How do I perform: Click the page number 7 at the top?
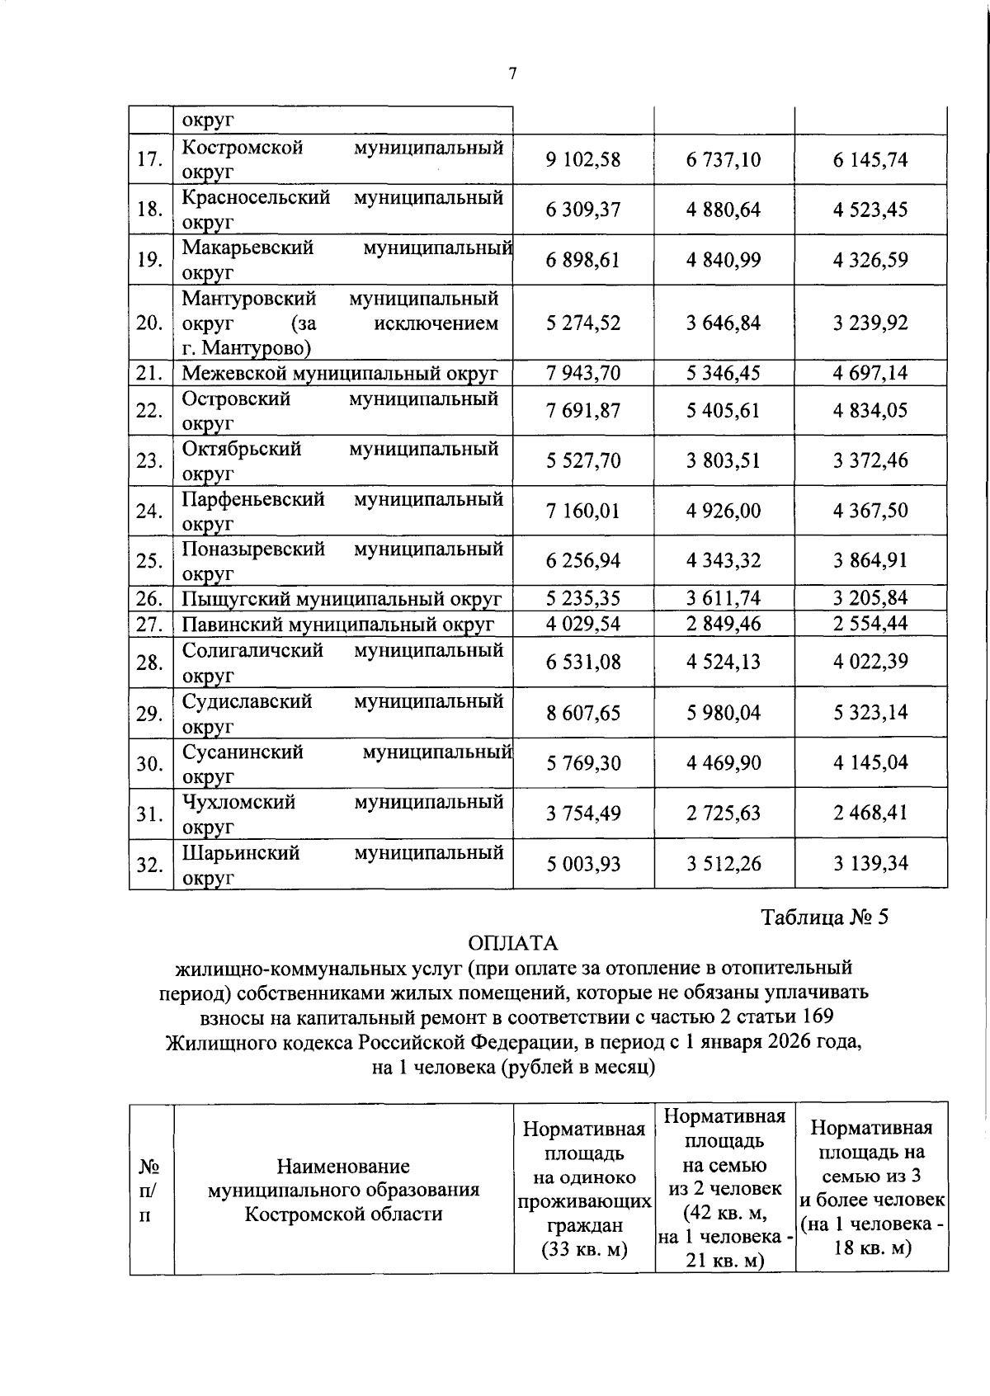[512, 74]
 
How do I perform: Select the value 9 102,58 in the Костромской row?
[582, 159]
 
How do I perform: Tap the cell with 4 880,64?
[723, 210]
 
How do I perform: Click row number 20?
[149, 323]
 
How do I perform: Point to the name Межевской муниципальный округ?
[339, 373]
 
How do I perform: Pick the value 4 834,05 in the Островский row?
[870, 410]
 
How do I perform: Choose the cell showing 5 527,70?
[582, 460]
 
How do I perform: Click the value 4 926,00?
[723, 511]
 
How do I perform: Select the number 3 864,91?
[870, 560]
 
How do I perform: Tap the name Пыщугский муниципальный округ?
[342, 598]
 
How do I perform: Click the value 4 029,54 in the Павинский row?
[582, 623]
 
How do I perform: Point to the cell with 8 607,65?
[582, 713]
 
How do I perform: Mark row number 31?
[149, 814]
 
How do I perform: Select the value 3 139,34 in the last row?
[870, 864]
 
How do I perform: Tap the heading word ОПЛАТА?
[512, 943]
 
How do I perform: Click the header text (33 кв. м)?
[584, 1249]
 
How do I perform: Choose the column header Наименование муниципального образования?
[343, 1178]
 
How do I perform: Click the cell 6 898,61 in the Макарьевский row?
[582, 260]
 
